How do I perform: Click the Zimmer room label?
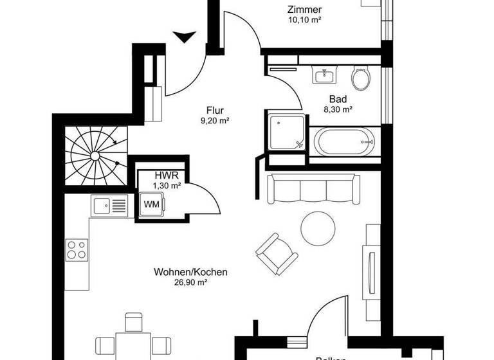(x=304, y=10)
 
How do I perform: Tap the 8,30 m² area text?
(x=338, y=110)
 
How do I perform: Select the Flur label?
(x=215, y=109)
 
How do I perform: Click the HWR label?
(x=163, y=175)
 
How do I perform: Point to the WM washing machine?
(x=152, y=204)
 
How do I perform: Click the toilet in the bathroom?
(x=361, y=78)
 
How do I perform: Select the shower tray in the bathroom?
(x=284, y=132)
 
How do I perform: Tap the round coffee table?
(x=318, y=226)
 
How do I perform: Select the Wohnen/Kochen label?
(x=190, y=272)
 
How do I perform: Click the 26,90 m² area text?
(x=190, y=282)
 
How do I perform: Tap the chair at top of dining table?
(x=133, y=321)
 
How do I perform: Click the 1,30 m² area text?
(x=166, y=186)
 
